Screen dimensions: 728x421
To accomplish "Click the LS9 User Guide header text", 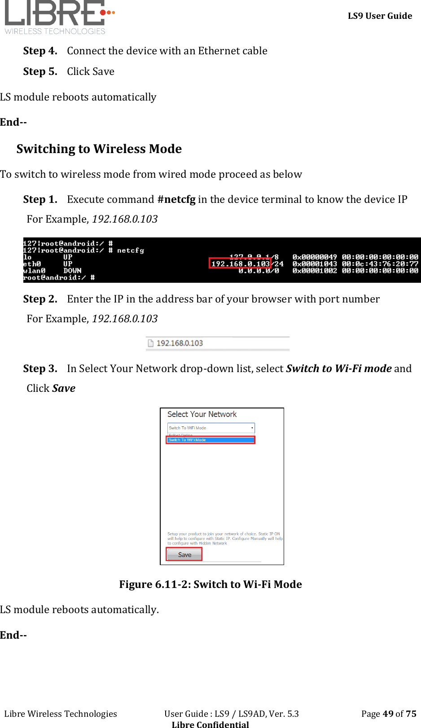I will [x=380, y=16].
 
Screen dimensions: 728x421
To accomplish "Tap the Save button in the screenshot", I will [x=184, y=555].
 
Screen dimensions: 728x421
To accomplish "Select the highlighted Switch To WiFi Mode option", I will [x=210, y=440].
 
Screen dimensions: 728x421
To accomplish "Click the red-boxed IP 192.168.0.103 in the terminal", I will [x=240, y=264].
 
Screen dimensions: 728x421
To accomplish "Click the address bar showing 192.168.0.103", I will [x=180, y=343].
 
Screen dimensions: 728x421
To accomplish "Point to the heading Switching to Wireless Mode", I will [x=99, y=149].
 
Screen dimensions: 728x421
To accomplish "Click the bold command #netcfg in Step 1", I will [x=176, y=199].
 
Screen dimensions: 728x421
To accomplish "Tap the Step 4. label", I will [x=40, y=51].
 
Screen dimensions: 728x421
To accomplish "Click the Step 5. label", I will [x=40, y=72].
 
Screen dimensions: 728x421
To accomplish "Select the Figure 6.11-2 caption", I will [x=210, y=584].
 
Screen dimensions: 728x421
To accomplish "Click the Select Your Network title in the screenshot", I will [x=202, y=414].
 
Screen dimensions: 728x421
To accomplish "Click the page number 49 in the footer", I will [x=388, y=714].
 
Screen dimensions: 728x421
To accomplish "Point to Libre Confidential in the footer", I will [x=210, y=724].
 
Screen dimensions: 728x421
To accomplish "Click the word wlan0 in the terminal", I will [x=34, y=271].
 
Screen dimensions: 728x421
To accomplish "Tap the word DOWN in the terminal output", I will [x=72, y=271].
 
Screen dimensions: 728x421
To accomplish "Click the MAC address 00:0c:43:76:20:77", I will [x=380, y=264].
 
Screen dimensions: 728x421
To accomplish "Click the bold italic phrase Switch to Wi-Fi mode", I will [x=339, y=368].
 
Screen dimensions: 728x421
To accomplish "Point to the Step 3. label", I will [x=40, y=369].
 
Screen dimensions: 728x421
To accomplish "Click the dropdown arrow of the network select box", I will [x=252, y=428].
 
